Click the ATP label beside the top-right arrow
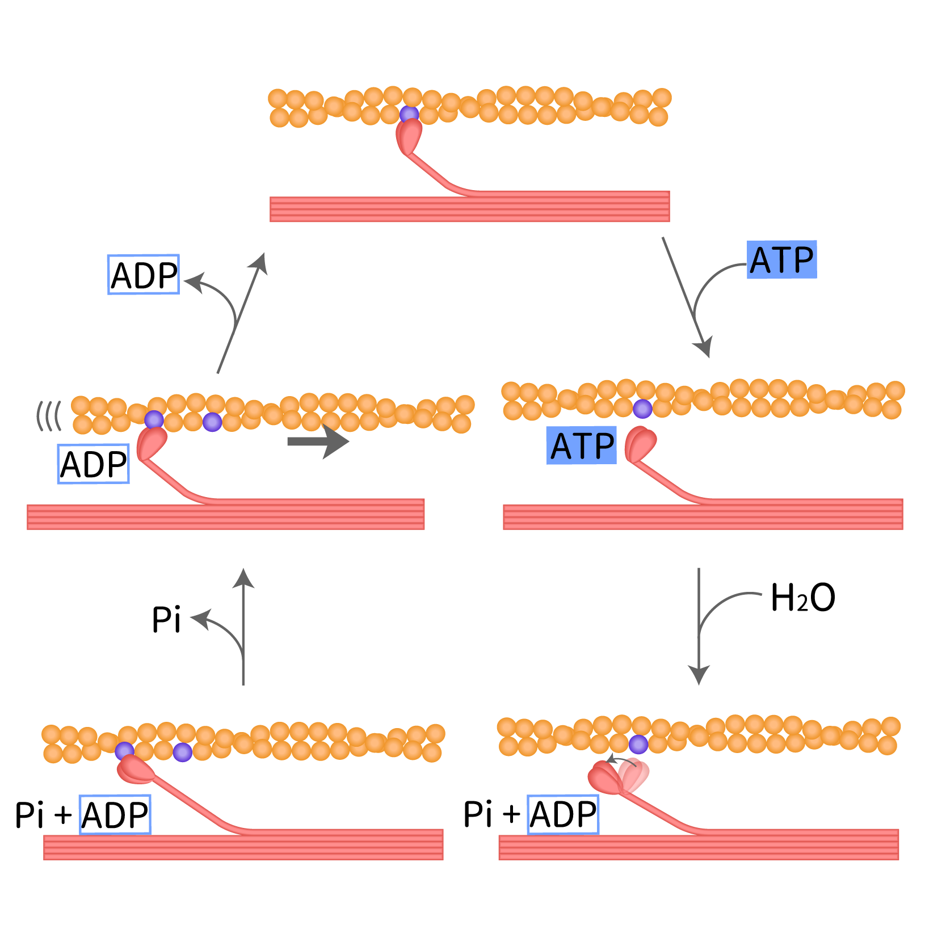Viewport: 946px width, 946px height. [x=781, y=260]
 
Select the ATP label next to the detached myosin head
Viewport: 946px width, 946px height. [x=582, y=445]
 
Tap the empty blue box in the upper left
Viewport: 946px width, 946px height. [x=144, y=275]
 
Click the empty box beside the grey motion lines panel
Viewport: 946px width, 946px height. [x=94, y=464]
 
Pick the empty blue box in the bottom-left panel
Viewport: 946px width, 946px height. [x=115, y=814]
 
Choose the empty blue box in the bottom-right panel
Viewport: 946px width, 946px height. [x=563, y=814]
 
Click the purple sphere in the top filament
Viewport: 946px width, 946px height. [x=409, y=115]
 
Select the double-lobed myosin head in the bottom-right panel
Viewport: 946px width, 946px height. [x=619, y=776]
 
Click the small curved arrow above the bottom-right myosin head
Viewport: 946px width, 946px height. [x=621, y=759]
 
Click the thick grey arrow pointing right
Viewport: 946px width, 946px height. [x=318, y=442]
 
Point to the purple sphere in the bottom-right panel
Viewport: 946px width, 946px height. [x=638, y=744]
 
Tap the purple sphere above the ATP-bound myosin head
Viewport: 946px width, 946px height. [x=642, y=409]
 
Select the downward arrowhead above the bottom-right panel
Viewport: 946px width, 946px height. [x=699, y=675]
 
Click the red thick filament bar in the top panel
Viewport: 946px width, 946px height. [x=469, y=208]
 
